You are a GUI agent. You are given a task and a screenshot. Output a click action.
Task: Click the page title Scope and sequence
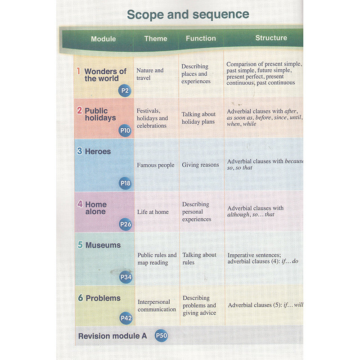coord(188,14)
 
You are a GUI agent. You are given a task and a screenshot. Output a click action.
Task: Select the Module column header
coord(103,39)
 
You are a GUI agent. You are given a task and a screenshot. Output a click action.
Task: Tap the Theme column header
coord(156,39)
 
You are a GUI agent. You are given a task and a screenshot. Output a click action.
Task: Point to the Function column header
coord(201,39)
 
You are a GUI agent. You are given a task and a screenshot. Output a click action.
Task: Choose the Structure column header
coord(271,38)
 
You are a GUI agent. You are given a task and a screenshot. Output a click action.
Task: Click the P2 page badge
coord(125,91)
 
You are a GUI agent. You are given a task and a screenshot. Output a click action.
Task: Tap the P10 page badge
coord(125,131)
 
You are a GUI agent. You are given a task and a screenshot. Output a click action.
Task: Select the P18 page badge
coord(126,184)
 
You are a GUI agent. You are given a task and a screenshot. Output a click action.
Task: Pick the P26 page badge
coord(126,224)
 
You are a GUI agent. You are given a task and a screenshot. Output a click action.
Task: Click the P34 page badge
coord(126,277)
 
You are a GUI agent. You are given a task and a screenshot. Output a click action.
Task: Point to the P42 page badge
coord(126,319)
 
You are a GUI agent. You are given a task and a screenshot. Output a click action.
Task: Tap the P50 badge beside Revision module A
coord(161,336)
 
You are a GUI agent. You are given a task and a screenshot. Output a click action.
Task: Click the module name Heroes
coord(98,152)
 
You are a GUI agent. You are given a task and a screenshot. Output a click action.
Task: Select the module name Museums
coord(103,245)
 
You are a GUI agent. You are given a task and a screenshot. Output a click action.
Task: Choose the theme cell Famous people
coord(156,165)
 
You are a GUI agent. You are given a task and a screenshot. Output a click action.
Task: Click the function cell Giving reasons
coord(200,165)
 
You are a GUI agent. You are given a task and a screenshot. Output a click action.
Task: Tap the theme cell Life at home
coord(153,211)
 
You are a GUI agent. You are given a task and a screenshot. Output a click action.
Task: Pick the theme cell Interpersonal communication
coord(157,306)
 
